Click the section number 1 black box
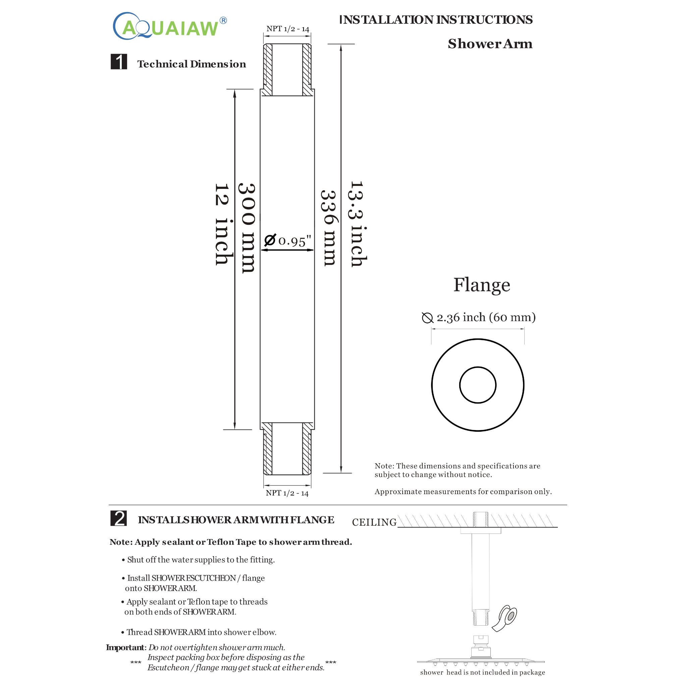tap(119, 61)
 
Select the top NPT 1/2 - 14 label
tap(288, 29)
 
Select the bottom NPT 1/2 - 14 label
tap(287, 493)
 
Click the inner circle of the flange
tap(478, 385)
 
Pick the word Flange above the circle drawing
tap(481, 285)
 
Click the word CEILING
tap(374, 522)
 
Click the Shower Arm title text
tap(490, 44)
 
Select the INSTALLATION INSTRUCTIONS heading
tap(436, 19)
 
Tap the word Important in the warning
tap(125, 647)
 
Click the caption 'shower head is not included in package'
tap(482, 672)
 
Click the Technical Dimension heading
tap(191, 64)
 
